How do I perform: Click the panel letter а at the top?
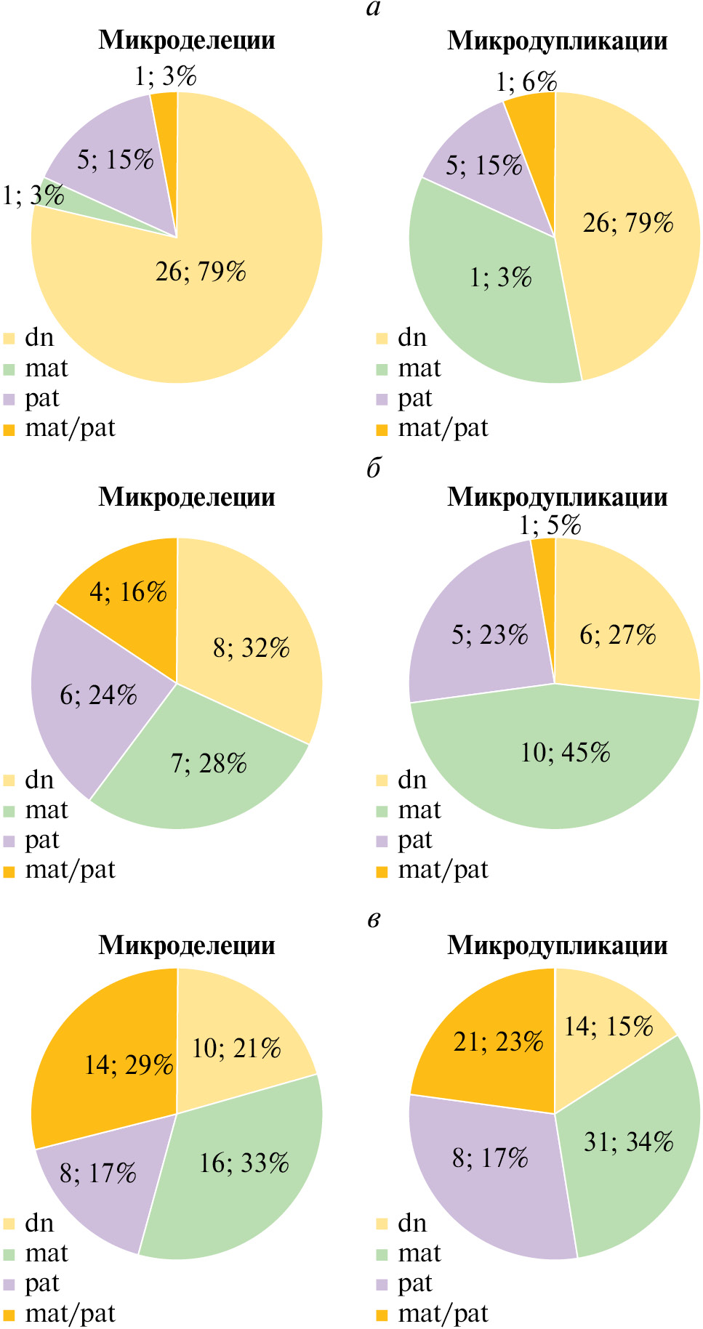click(374, 9)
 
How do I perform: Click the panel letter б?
click(374, 468)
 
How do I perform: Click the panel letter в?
click(374, 920)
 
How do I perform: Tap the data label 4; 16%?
click(128, 592)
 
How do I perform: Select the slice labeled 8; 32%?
click(251, 647)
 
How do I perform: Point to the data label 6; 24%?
click(98, 695)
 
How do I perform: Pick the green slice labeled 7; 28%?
click(209, 764)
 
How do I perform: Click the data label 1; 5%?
click(550, 525)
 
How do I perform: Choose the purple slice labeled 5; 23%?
click(489, 635)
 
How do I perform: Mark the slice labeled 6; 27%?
click(617, 635)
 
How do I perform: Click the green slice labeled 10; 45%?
click(565, 753)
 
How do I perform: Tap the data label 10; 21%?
click(236, 1049)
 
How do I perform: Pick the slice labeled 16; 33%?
click(244, 1163)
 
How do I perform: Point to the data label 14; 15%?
click(608, 1027)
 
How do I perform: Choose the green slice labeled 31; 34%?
click(628, 1142)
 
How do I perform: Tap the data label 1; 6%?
click(526, 82)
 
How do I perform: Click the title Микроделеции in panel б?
click(187, 497)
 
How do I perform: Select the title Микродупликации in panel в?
click(557, 945)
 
